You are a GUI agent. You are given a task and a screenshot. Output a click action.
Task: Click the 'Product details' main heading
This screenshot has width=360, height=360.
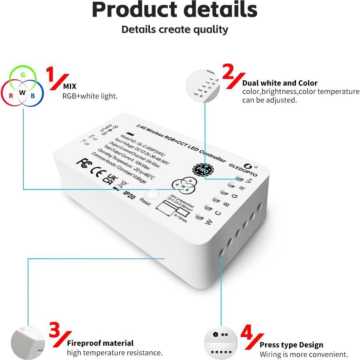point(174,10)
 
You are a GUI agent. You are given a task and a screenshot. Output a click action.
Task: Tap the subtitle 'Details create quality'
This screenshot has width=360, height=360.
point(174,30)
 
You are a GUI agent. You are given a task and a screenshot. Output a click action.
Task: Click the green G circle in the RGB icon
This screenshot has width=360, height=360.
point(23,74)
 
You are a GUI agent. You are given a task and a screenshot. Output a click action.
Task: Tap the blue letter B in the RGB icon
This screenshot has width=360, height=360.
point(33,95)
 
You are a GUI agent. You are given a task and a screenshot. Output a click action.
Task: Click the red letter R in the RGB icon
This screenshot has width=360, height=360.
point(11,95)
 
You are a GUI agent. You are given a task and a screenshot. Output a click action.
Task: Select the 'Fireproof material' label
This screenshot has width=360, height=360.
point(100,343)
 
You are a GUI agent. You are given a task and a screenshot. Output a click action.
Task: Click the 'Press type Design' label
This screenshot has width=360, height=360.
point(291,345)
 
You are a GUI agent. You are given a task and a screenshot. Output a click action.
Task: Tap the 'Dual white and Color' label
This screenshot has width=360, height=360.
point(280,83)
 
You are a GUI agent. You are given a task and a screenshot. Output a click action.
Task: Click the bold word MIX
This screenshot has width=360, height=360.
point(70,86)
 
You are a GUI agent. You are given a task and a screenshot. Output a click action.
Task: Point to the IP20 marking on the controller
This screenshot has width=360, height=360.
point(128,193)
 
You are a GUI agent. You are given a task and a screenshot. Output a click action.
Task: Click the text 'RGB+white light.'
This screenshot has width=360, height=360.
point(90,96)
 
